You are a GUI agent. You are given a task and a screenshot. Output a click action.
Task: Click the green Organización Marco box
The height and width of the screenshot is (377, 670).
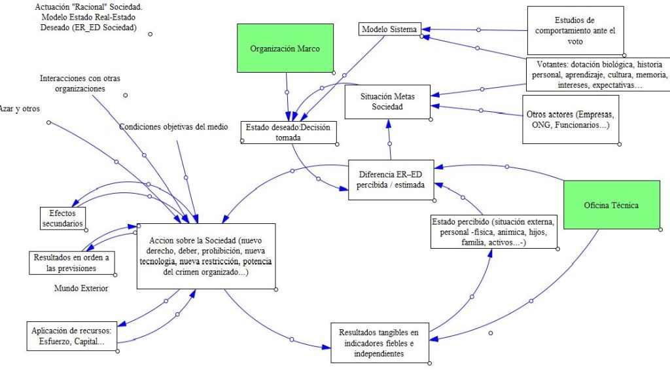point(285,48)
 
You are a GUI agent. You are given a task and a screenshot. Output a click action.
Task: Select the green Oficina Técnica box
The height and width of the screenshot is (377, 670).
point(612,205)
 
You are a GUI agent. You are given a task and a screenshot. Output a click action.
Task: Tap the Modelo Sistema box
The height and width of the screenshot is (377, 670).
point(389,29)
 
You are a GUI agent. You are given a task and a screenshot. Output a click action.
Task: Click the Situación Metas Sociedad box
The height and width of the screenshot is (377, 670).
point(387,101)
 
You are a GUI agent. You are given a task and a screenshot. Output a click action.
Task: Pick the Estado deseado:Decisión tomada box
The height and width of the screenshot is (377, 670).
point(289,132)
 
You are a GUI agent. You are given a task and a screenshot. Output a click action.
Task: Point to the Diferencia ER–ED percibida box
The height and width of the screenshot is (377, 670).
point(391,180)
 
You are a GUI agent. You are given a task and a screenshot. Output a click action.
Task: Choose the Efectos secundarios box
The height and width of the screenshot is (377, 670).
point(62,219)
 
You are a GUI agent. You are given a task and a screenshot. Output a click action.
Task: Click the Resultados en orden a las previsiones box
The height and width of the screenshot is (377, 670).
point(72,263)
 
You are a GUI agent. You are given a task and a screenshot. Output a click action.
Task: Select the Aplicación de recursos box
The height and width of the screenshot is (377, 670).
point(72,336)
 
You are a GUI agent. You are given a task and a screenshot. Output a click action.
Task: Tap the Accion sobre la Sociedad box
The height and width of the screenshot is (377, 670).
point(206,256)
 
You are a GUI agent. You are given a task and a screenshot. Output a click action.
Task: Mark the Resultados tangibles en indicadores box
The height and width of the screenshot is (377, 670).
point(380,343)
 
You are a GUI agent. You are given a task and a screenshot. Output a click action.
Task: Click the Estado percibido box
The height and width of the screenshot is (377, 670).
point(494,232)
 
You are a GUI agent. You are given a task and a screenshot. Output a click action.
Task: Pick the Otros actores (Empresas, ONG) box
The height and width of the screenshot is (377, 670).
point(571,119)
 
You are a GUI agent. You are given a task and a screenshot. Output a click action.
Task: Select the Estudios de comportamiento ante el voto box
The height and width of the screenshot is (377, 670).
point(575,30)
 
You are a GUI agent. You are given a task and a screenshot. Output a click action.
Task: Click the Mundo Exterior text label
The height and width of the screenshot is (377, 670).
point(81,289)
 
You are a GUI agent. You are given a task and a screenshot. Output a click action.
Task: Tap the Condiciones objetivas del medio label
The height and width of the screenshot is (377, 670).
point(173,127)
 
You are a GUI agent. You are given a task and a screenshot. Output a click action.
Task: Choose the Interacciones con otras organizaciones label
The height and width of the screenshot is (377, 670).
point(80,83)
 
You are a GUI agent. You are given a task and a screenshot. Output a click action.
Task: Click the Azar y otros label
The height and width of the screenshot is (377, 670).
point(20,109)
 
